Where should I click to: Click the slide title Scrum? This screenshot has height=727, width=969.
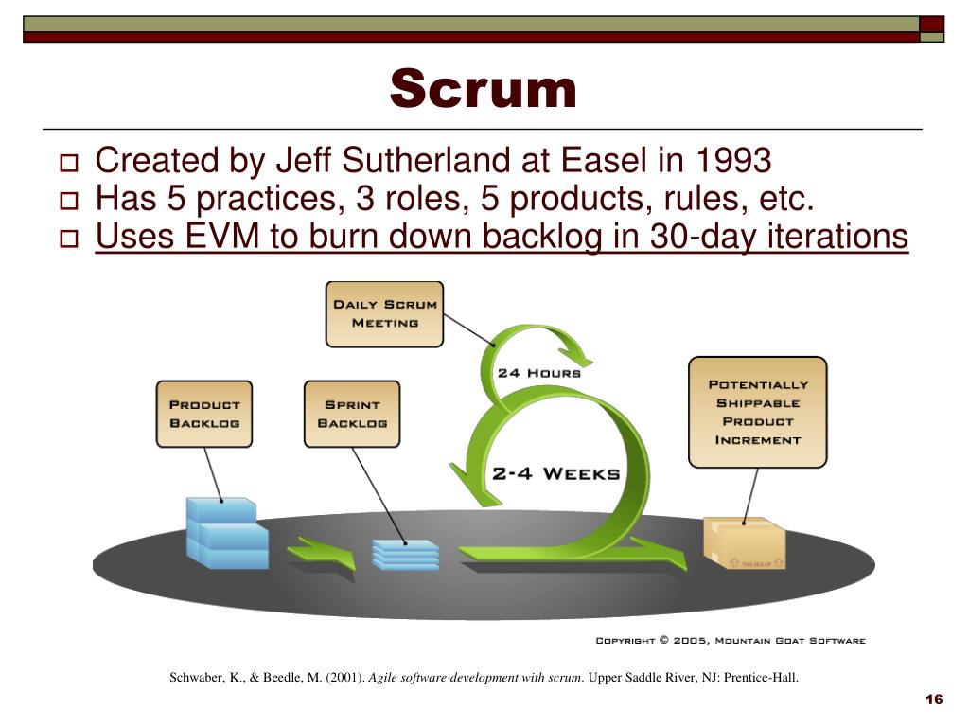click(483, 91)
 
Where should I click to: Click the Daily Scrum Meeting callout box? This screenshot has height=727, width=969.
click(384, 313)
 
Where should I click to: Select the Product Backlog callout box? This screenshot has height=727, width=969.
click(204, 414)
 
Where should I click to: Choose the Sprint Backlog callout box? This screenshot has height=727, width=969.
click(352, 414)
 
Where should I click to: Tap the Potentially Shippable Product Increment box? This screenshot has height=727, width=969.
click(757, 412)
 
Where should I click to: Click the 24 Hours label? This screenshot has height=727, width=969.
click(538, 373)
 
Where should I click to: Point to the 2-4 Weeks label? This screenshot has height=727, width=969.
click(555, 473)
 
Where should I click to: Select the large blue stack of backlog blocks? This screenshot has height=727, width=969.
click(226, 532)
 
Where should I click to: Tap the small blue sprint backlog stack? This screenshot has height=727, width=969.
click(405, 554)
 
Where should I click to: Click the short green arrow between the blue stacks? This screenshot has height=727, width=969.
click(321, 552)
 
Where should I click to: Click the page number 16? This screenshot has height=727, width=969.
click(934, 700)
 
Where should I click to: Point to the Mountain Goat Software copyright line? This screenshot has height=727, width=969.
click(730, 641)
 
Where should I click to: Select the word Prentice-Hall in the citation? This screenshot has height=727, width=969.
click(762, 678)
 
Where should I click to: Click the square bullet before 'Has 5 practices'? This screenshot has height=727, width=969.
click(69, 201)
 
